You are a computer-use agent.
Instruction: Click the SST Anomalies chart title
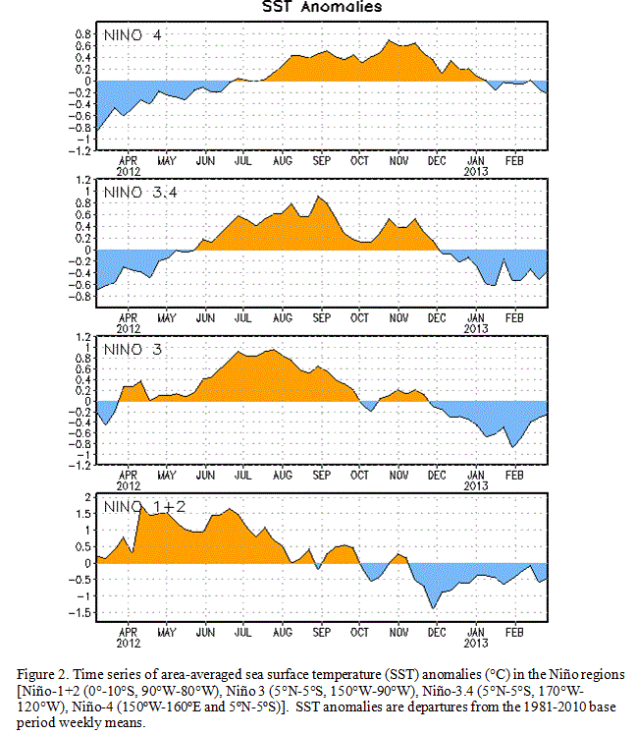(x=322, y=7)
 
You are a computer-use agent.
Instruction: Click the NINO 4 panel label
(x=133, y=35)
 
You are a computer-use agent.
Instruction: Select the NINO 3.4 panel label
(x=140, y=193)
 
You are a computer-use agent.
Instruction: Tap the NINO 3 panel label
(x=133, y=349)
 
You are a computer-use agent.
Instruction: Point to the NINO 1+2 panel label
(x=144, y=507)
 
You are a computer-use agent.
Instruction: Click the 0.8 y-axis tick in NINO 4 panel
(x=82, y=34)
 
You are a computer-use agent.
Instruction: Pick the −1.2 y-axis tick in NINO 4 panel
(x=80, y=151)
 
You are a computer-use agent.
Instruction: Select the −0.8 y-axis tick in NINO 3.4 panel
(x=80, y=297)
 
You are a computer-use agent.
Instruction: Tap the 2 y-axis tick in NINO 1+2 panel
(x=87, y=497)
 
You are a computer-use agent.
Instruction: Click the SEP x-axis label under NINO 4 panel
(x=321, y=161)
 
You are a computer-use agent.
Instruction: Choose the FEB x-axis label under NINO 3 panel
(x=514, y=476)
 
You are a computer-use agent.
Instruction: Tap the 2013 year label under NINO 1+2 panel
(x=476, y=643)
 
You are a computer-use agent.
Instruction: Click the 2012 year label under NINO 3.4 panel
(x=129, y=328)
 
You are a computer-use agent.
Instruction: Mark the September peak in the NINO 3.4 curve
(x=318, y=197)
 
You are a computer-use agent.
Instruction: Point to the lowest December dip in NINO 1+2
(x=433, y=608)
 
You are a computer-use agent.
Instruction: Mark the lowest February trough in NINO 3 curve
(x=513, y=447)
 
